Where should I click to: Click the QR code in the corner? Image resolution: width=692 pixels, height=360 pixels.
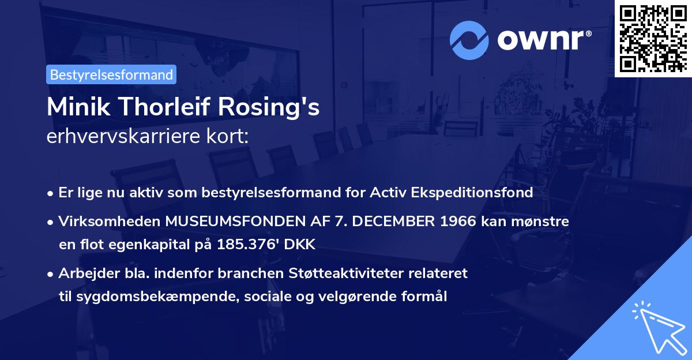point(653,38)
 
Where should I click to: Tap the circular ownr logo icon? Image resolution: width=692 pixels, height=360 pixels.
point(469,40)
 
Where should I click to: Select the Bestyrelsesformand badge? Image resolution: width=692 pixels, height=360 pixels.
point(111,74)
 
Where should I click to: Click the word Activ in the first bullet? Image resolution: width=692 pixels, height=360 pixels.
point(388,193)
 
